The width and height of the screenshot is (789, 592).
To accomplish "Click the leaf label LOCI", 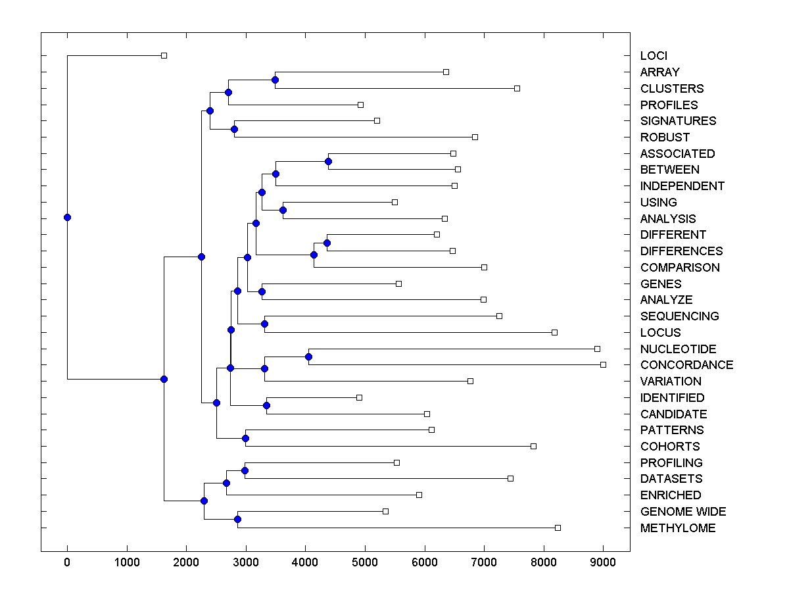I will click(654, 56).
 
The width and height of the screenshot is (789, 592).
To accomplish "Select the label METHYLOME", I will click(678, 528).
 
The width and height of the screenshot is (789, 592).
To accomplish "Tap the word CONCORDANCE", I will click(686, 365).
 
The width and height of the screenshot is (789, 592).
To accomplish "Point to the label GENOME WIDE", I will click(683, 512).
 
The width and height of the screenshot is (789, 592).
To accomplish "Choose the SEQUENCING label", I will click(679, 316).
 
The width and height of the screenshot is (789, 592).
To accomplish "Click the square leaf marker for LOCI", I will click(164, 56).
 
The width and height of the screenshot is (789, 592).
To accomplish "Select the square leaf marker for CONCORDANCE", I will click(603, 364).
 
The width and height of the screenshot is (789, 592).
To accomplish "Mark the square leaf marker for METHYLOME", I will click(558, 528).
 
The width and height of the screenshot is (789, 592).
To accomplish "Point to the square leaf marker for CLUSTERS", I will click(517, 88).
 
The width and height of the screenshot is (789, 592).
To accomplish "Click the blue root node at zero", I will click(67, 217).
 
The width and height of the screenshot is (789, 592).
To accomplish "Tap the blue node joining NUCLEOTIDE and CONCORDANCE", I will click(308, 357).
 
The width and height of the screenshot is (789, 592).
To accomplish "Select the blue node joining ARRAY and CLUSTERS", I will click(275, 80).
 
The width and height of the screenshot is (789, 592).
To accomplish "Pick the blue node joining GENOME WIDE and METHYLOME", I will click(237, 520).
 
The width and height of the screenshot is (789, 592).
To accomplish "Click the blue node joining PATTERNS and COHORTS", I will click(245, 438).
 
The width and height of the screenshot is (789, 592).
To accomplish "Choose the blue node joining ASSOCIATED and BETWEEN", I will click(328, 161).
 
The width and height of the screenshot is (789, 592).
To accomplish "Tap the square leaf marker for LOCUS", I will click(554, 332).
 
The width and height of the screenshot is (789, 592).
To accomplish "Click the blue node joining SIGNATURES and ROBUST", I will click(234, 129).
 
